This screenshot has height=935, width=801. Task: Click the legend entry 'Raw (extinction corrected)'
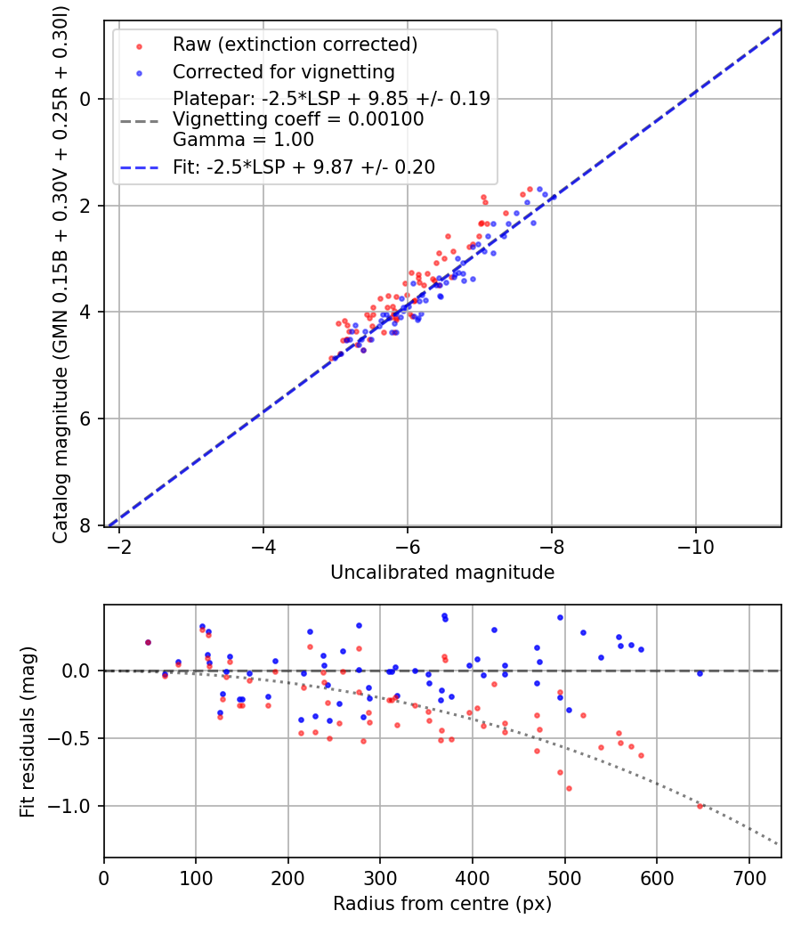(x=295, y=45)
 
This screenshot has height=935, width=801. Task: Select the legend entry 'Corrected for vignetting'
(x=283, y=71)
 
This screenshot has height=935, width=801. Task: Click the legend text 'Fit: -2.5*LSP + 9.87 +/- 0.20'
(x=303, y=167)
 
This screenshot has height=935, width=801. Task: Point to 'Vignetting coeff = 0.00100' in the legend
(x=298, y=119)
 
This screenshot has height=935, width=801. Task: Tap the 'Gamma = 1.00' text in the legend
(x=243, y=140)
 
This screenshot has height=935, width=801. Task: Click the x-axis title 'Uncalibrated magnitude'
(x=442, y=573)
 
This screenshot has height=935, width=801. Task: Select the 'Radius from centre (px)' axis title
(x=442, y=904)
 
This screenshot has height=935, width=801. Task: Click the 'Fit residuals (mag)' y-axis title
(x=28, y=731)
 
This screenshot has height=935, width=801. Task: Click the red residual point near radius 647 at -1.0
(x=700, y=806)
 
